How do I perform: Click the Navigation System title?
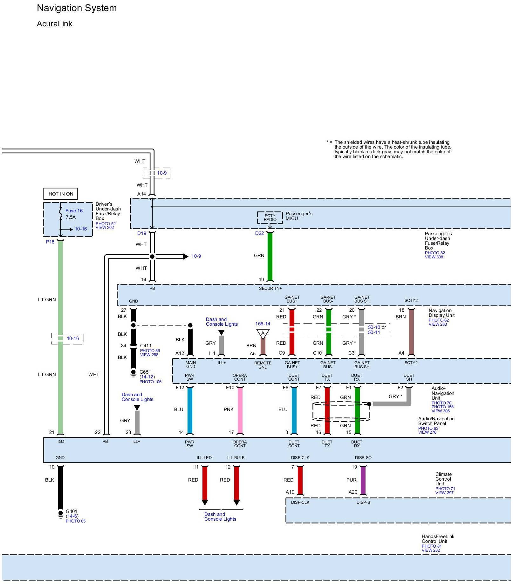77,8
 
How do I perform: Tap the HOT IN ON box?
60,194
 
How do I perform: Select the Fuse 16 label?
74,211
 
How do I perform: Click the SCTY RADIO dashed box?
270,217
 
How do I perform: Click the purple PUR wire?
363,480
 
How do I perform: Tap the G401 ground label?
72,511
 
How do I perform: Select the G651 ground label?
145,372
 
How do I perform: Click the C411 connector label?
146,346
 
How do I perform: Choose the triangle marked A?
263,334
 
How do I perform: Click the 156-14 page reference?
263,324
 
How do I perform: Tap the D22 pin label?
259,233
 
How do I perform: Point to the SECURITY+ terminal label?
270,288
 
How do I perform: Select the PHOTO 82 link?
435,253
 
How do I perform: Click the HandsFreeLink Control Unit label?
438,539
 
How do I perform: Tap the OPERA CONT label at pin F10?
240,377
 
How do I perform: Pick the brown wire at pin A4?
411,332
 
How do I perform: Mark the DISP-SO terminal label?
363,457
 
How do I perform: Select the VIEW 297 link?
444,493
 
